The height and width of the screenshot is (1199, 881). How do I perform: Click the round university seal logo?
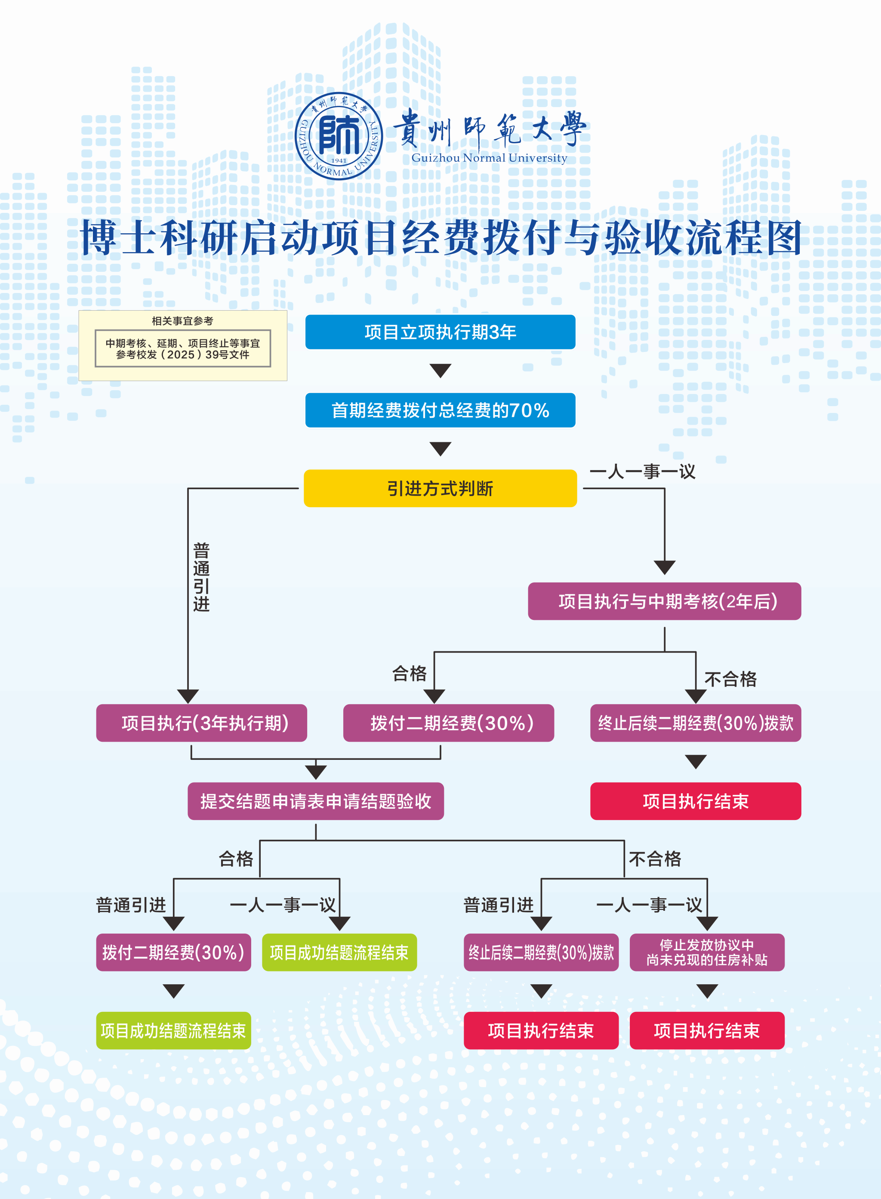339,136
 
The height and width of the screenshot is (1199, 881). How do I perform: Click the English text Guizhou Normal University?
489,158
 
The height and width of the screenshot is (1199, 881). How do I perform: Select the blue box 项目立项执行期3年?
440,332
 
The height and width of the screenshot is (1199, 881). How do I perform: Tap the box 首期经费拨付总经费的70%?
440,410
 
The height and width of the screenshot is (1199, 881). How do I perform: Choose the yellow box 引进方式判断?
440,488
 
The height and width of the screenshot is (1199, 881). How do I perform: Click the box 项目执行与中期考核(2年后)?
665,601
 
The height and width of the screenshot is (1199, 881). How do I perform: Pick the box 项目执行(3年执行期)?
202,723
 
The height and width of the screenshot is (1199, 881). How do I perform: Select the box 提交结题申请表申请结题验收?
316,801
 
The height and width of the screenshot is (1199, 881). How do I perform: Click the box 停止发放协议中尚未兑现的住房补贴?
707,952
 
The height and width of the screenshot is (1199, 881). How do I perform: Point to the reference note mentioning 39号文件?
182,349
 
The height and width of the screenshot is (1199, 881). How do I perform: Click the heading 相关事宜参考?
182,321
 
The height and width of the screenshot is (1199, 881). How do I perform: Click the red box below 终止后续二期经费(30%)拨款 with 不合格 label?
696,801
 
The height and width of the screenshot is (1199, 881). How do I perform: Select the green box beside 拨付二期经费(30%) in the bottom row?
339,952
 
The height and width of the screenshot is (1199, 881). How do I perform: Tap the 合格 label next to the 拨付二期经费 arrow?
410,674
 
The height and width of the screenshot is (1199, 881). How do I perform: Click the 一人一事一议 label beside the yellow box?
643,472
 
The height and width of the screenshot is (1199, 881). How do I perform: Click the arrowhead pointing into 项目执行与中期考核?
665,567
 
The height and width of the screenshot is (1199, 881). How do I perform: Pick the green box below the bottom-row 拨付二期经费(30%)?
173,1030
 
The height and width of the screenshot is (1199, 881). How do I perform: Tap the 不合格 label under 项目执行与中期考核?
730,679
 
